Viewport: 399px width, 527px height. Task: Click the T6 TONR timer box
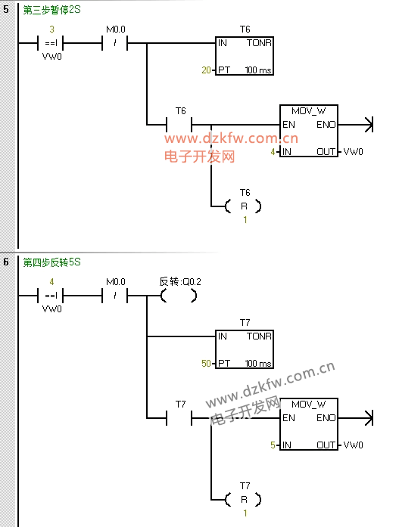[x=245, y=56]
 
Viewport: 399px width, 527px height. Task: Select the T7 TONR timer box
[x=245, y=349]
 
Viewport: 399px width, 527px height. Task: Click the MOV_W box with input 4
[x=309, y=131]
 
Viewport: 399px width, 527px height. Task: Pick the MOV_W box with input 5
[x=309, y=424]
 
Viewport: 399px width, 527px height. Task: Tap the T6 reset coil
[x=243, y=206]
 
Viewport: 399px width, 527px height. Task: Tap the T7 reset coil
[x=243, y=500]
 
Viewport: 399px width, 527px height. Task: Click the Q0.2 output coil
[x=179, y=296]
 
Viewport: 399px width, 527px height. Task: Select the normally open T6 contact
[x=179, y=125]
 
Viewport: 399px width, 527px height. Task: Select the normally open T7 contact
[x=179, y=418]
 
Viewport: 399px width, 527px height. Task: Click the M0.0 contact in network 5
[x=115, y=43]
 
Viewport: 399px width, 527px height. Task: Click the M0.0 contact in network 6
[x=115, y=296]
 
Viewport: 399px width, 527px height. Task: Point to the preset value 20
[x=206, y=70]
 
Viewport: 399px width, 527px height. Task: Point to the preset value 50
[x=206, y=364]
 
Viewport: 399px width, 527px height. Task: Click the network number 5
[x=6, y=9]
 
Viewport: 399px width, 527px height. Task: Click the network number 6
[x=6, y=262]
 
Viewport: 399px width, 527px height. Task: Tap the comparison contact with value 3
[x=51, y=43]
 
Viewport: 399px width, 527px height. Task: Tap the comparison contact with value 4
[x=51, y=296]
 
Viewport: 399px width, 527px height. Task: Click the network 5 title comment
[x=51, y=10]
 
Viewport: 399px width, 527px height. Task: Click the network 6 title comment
[x=51, y=262]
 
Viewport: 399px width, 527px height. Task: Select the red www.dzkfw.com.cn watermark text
[x=231, y=138]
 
